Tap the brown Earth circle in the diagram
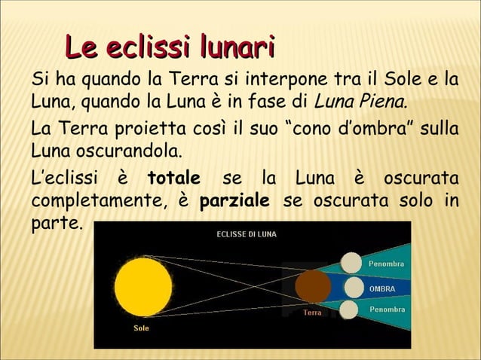pyautogui.click(x=313, y=287)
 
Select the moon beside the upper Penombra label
pyautogui.click(x=352, y=263)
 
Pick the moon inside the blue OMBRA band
pyautogui.click(x=352, y=287)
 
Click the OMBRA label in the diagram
pyautogui.click(x=381, y=288)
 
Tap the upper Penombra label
pyautogui.click(x=386, y=264)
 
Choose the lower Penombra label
pyautogui.click(x=386, y=310)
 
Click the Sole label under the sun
pyautogui.click(x=141, y=328)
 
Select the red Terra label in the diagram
pyautogui.click(x=312, y=312)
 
